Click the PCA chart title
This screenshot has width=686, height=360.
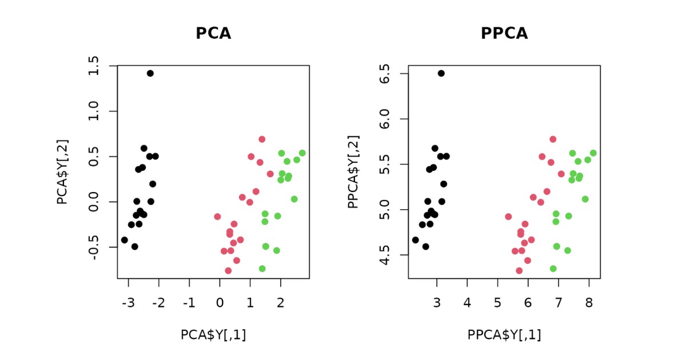pos(213,33)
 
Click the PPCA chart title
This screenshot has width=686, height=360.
pos(504,33)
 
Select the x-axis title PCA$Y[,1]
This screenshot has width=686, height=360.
pos(213,335)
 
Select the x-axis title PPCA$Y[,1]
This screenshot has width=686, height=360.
pos(504,335)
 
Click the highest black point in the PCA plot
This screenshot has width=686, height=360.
pos(150,73)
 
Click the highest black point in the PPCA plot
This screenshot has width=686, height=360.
pos(441,73)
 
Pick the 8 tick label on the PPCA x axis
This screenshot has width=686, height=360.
pos(589,302)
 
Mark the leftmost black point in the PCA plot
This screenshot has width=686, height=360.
pos(125,240)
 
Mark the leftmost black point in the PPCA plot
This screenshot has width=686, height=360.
pos(416,240)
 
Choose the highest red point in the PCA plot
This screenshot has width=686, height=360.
pos(262,139)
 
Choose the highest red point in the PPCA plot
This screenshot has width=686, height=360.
pos(553,139)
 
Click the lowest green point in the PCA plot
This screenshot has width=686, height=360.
pos(262,269)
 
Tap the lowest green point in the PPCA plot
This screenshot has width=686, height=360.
pos(553,269)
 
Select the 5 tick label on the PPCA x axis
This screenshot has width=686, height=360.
pos(497,302)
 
